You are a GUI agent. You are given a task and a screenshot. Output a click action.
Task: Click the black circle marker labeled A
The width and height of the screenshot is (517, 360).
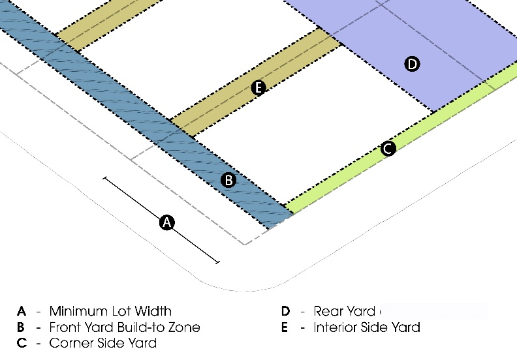[167, 222]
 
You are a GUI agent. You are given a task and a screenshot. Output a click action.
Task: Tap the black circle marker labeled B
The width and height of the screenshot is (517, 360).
[228, 180]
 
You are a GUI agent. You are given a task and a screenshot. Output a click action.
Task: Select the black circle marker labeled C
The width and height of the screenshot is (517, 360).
[388, 149]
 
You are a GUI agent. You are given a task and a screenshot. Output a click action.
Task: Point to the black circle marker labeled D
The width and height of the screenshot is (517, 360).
[412, 64]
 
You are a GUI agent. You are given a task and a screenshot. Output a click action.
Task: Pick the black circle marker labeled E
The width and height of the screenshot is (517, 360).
[258, 88]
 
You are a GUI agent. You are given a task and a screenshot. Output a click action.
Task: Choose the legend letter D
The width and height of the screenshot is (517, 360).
[285, 311]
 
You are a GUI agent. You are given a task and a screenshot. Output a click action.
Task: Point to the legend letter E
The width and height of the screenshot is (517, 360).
[285, 327]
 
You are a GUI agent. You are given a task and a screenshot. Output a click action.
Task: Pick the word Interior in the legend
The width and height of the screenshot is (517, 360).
[337, 327]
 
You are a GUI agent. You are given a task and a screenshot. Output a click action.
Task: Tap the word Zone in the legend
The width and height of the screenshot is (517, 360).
[185, 327]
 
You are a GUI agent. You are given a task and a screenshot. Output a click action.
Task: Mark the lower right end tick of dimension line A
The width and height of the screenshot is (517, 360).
[217, 263]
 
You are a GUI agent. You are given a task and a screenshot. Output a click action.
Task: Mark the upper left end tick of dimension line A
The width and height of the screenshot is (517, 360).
[104, 177]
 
